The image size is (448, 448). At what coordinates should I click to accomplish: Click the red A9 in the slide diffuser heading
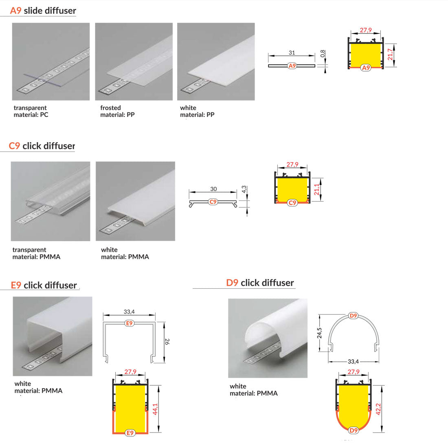tap(16, 11)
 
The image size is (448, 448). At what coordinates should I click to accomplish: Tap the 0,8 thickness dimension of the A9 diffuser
tap(323, 53)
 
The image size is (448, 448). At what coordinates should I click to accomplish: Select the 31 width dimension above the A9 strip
tap(292, 53)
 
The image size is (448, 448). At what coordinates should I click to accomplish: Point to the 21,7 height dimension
tap(390, 54)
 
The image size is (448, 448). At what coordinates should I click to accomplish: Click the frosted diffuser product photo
tap(134, 61)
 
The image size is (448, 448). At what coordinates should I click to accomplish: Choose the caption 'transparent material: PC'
tap(31, 111)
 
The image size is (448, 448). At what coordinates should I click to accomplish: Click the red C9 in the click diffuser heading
tap(14, 146)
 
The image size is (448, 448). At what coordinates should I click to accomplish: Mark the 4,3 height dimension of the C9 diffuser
tap(244, 189)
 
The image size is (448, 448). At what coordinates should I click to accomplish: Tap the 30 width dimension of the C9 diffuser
tap(213, 189)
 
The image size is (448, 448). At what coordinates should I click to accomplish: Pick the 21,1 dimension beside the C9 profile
tap(316, 189)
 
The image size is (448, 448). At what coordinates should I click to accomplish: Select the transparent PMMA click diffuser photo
tap(50, 201)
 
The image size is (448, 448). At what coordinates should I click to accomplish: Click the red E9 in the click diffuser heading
tap(16, 285)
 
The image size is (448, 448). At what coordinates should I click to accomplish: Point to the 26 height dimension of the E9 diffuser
tap(167, 341)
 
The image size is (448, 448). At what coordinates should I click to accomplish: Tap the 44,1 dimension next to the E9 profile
tap(155, 409)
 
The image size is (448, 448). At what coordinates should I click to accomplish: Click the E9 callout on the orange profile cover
tap(130, 433)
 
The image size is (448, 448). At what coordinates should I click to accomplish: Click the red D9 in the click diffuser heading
tap(232, 283)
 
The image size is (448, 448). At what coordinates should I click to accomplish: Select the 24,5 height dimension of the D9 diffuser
tap(319, 333)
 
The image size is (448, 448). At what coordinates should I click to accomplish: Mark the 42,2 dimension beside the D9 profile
tap(378, 409)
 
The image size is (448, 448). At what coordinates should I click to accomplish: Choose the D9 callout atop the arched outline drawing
tap(354, 316)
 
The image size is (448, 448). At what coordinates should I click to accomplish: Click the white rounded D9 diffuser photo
tap(268, 338)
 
